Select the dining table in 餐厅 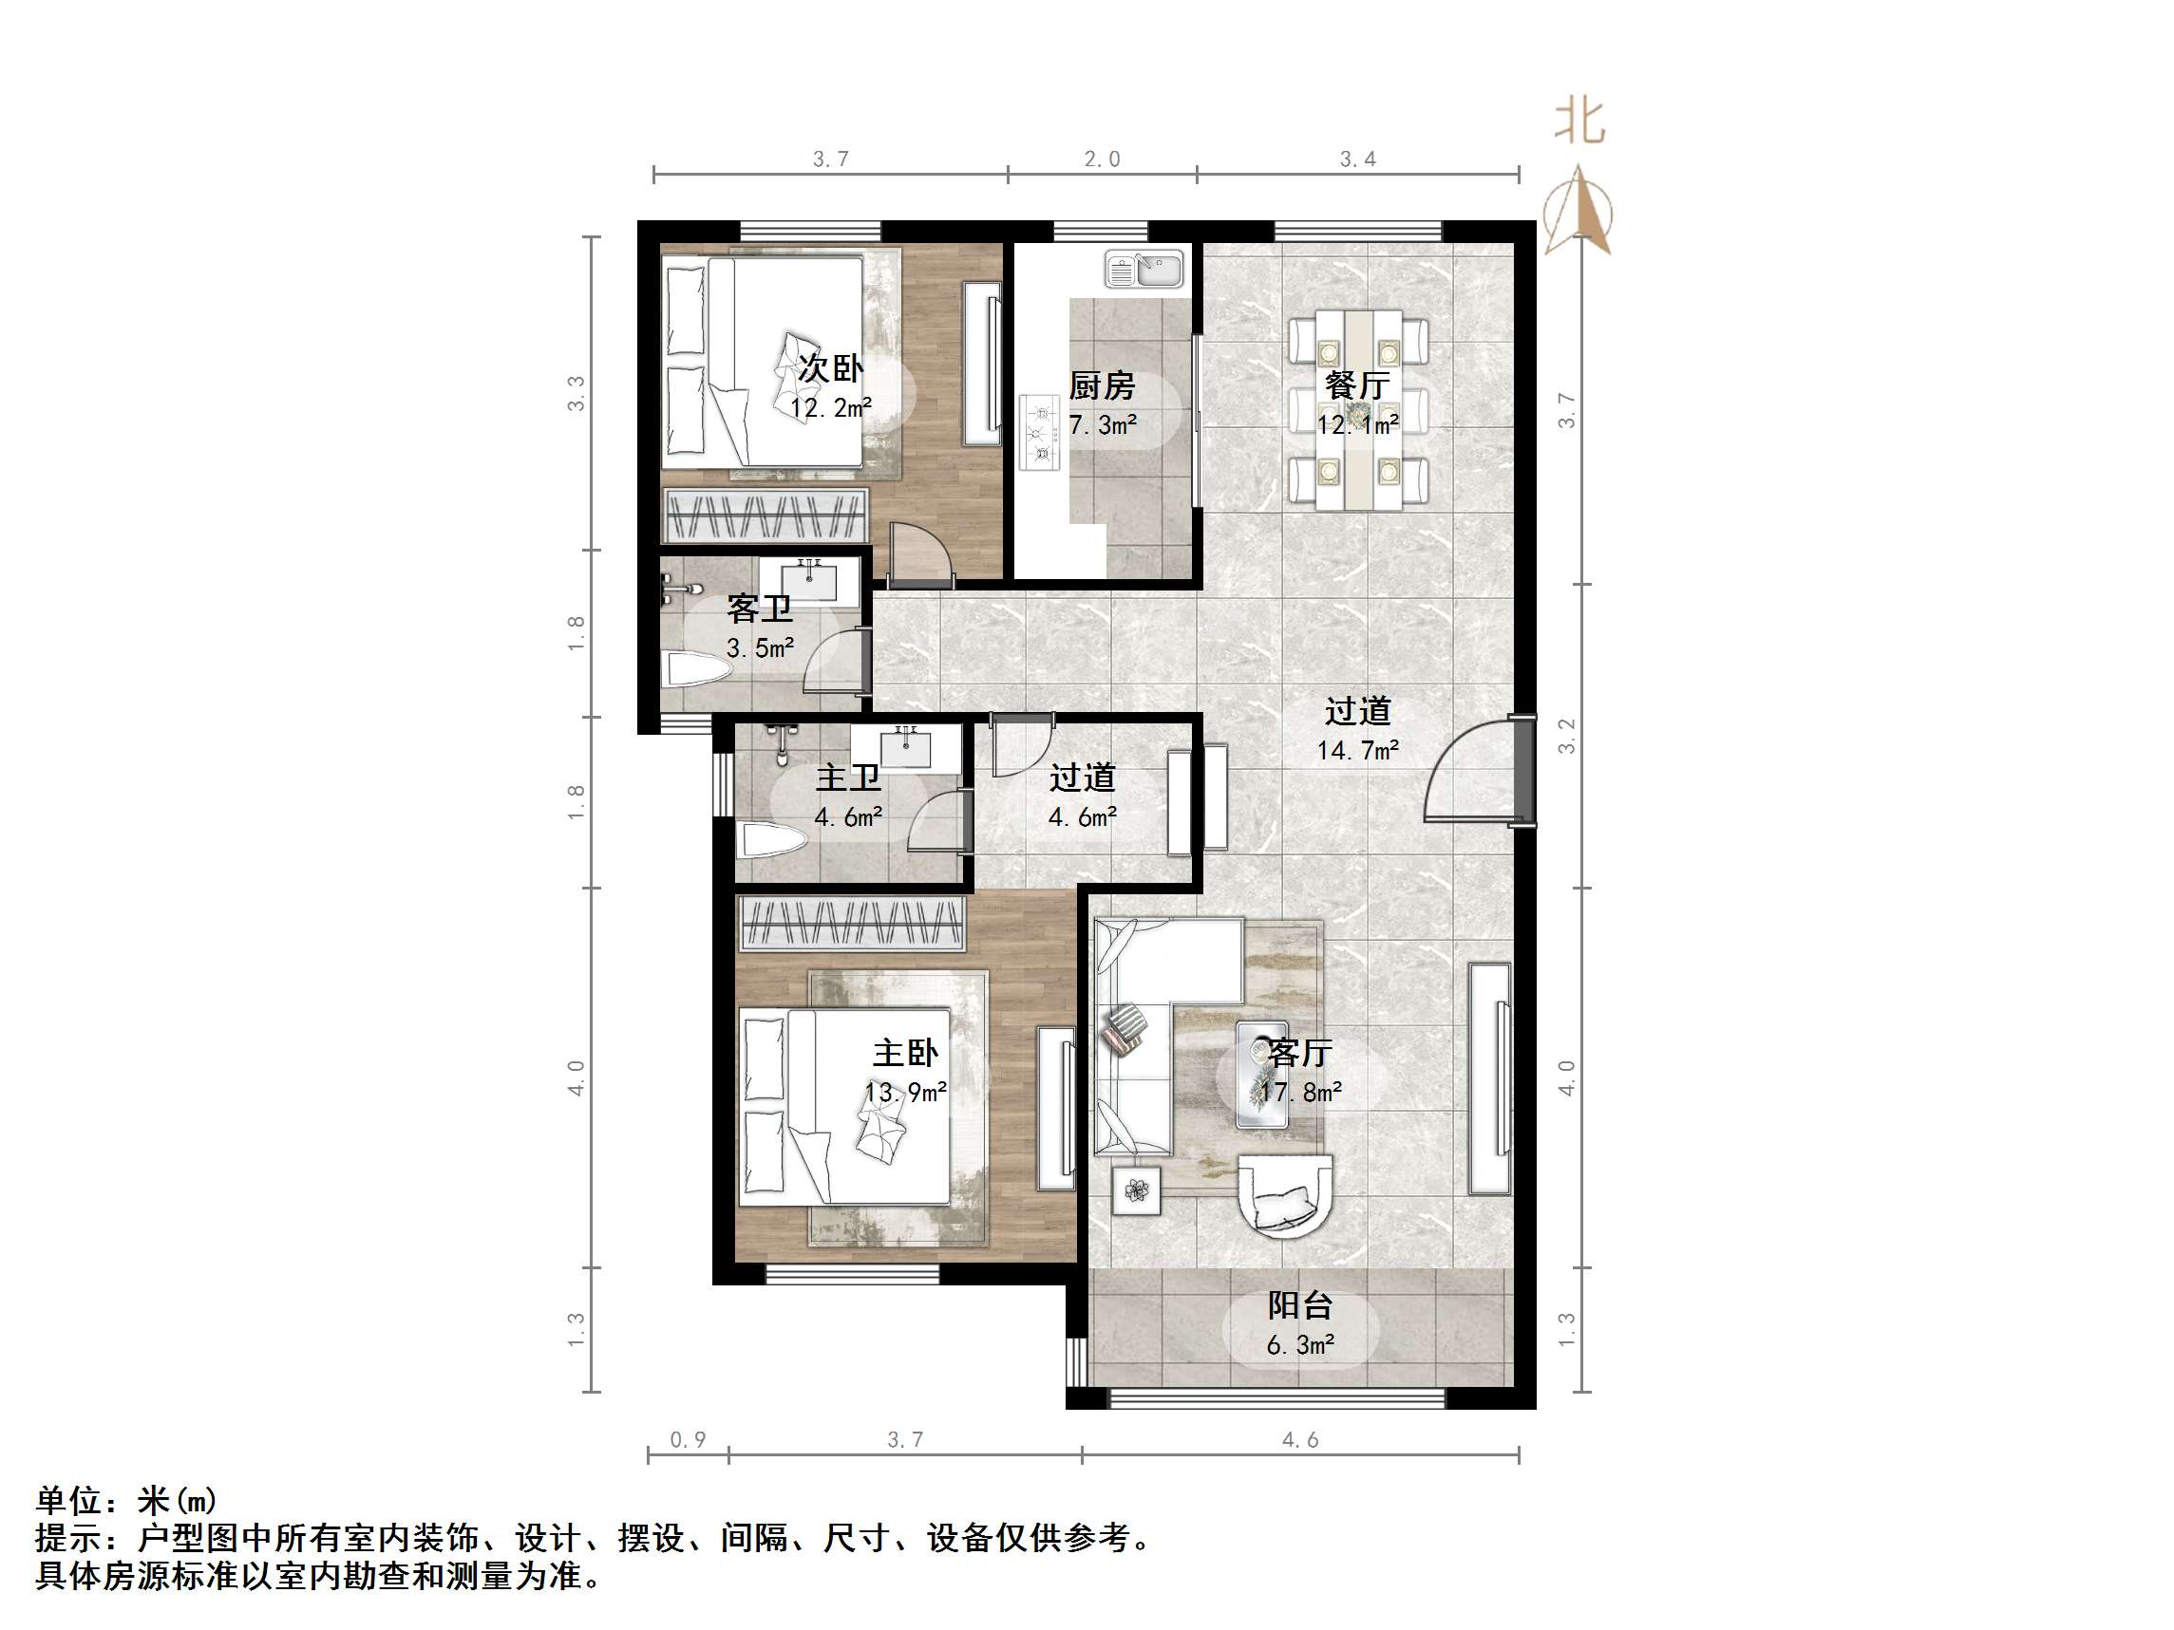click(x=1359, y=410)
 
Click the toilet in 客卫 click(x=699, y=672)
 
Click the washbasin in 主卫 click(x=905, y=749)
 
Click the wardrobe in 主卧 click(x=851, y=924)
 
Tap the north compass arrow click(x=1578, y=212)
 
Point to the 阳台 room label click(x=1299, y=1305)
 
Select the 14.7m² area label click(x=1357, y=751)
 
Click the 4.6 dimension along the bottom click(x=1299, y=1440)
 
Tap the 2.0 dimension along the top click(x=1102, y=159)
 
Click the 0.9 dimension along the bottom click(x=688, y=1440)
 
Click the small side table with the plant click(x=1136, y=1191)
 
